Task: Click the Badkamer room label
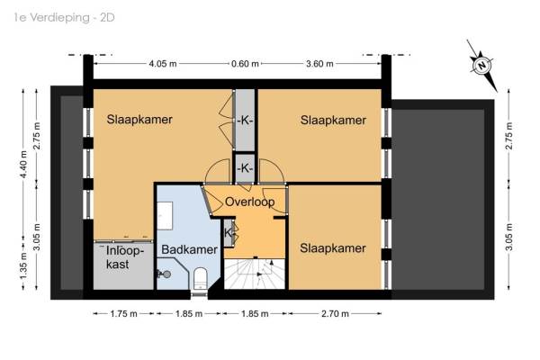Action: [189, 249]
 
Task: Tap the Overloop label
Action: [249, 202]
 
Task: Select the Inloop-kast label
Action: [123, 257]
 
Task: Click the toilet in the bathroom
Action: [200, 278]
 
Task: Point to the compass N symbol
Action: [481, 65]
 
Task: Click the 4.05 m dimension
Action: [163, 64]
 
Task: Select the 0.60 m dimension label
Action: [245, 64]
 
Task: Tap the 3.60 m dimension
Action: [319, 64]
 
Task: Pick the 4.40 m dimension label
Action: [23, 165]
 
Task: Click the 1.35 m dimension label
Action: [23, 266]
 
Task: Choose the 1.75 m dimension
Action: [123, 314]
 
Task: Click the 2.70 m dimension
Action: [335, 314]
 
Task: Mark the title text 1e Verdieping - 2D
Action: [65, 18]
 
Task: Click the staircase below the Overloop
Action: [255, 274]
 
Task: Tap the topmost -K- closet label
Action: [245, 121]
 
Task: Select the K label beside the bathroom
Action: [228, 233]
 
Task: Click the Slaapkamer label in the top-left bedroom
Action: [139, 120]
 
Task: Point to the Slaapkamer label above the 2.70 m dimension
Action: [333, 248]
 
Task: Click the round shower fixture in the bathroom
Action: [165, 274]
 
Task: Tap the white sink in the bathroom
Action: [165, 216]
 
